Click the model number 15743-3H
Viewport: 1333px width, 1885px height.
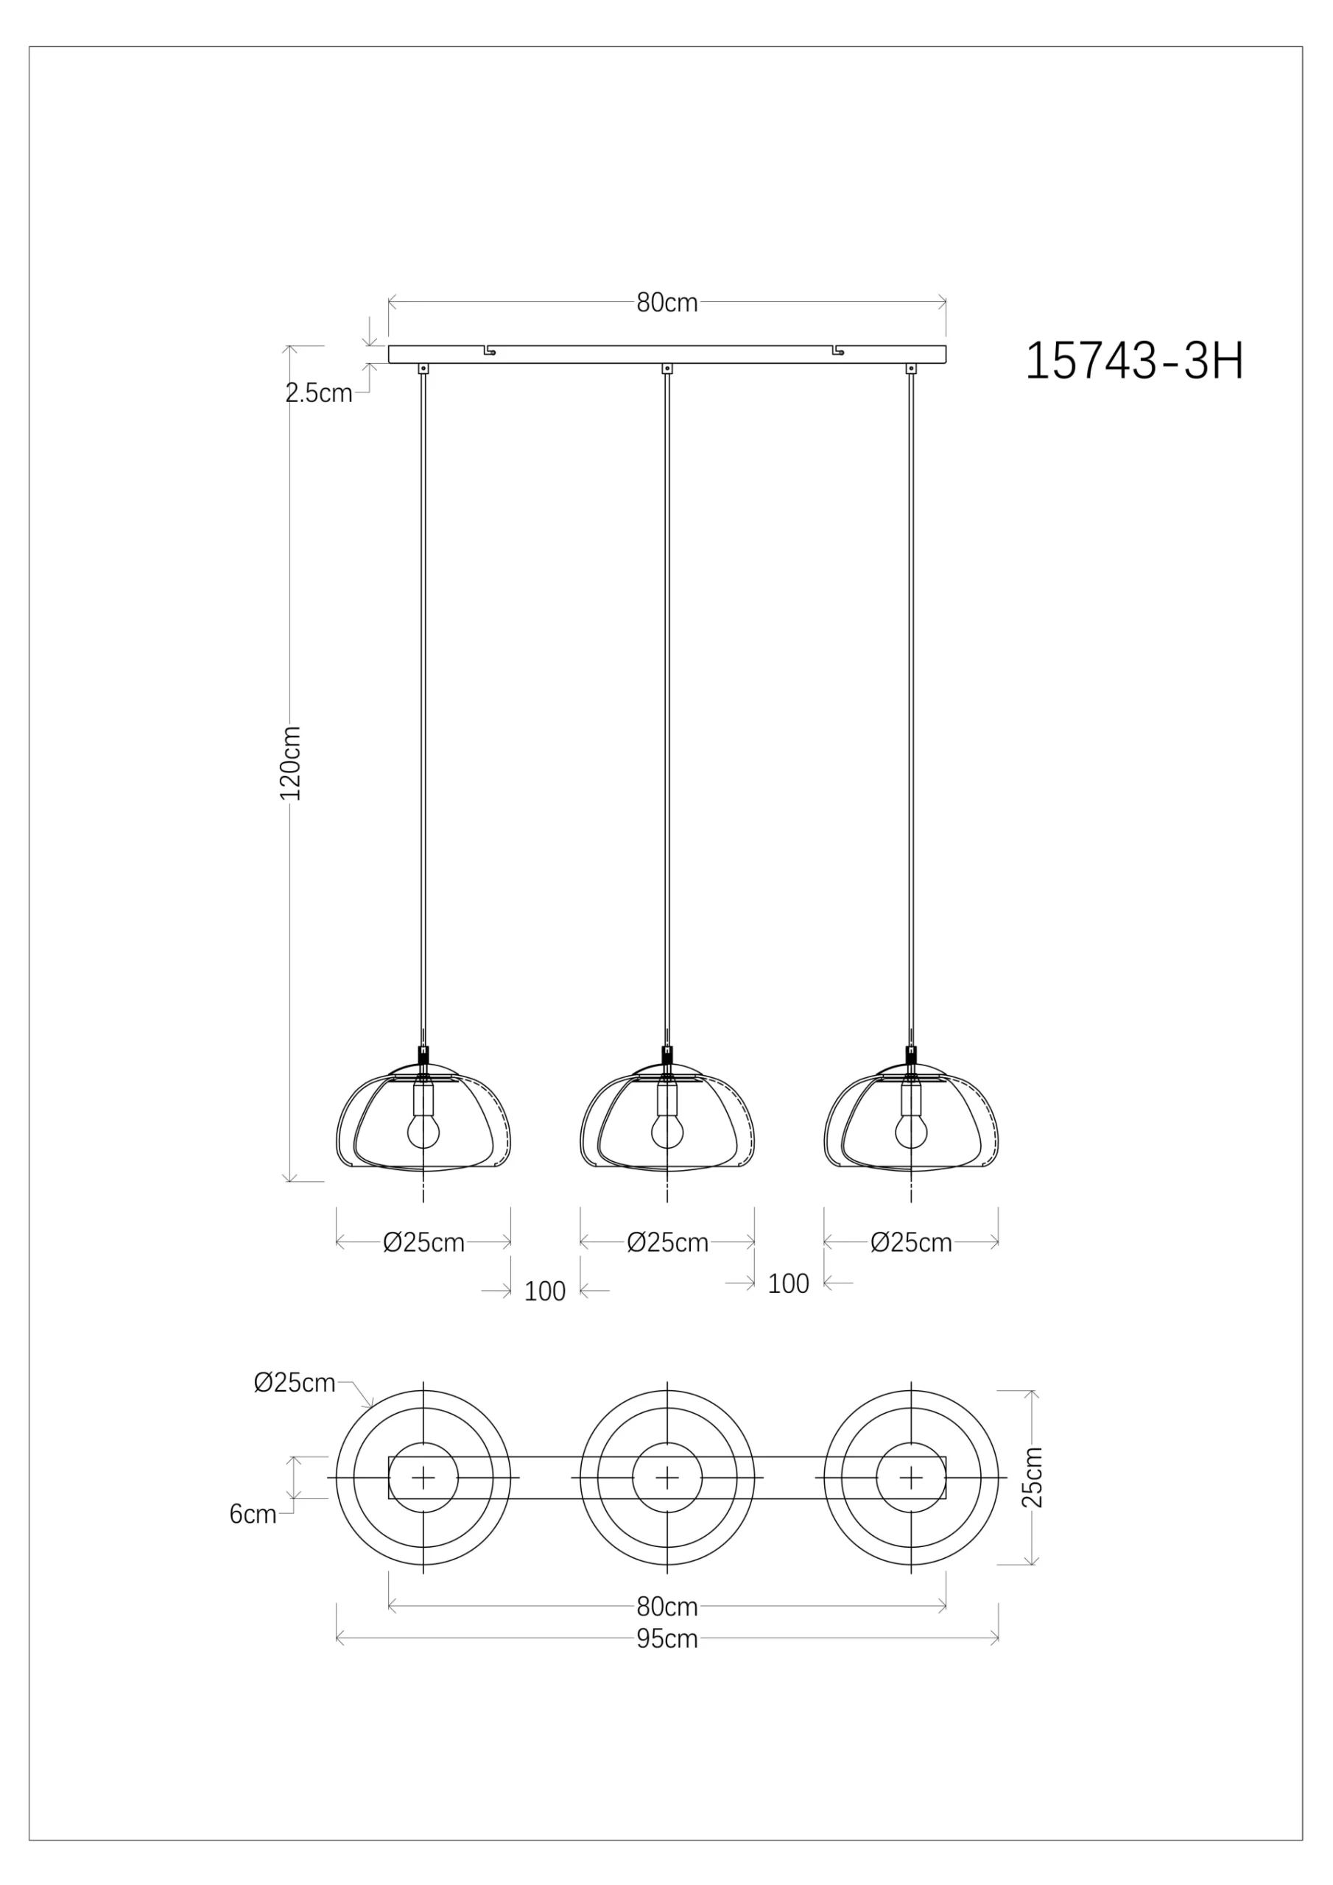click(x=1134, y=362)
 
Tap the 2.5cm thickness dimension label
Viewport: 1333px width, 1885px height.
click(x=319, y=393)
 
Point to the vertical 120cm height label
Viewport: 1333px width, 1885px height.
click(x=291, y=763)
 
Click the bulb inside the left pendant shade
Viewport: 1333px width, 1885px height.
click(x=423, y=1133)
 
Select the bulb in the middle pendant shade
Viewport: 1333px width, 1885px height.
click(x=667, y=1133)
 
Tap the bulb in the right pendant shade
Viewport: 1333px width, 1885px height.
click(x=910, y=1133)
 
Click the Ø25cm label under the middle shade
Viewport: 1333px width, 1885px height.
click(x=667, y=1243)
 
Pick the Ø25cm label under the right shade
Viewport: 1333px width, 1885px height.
click(x=911, y=1243)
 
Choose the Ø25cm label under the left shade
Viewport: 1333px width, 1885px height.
click(x=423, y=1243)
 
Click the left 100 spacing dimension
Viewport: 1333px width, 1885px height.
click(x=544, y=1292)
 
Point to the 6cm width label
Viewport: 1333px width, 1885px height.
click(x=252, y=1515)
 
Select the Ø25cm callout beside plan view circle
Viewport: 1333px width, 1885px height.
click(x=294, y=1384)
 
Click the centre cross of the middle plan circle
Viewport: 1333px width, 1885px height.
click(x=667, y=1478)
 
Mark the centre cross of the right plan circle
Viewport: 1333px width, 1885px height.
click(x=910, y=1478)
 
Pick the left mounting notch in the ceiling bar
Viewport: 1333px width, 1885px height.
click(x=489, y=350)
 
